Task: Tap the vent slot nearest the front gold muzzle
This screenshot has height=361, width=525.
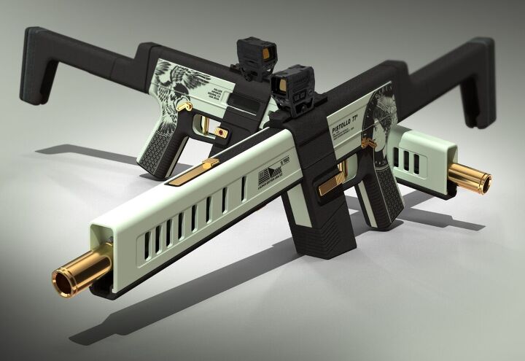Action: point(145,244)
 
